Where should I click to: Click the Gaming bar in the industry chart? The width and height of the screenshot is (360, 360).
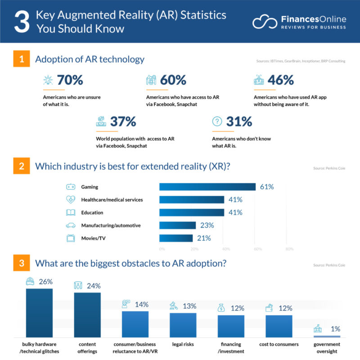tap(207, 187)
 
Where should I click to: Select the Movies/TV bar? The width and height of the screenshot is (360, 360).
tap(176, 238)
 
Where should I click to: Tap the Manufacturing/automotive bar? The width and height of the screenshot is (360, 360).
tap(178, 225)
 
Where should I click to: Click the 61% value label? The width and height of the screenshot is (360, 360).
tap(266, 187)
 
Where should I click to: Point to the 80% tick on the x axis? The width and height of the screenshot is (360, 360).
tap(290, 248)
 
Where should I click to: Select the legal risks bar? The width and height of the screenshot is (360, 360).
tap(183, 324)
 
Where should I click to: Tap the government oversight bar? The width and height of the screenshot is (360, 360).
tap(327, 336)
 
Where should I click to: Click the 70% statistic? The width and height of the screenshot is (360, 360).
tap(70, 80)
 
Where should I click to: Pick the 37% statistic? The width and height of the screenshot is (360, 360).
tap(123, 121)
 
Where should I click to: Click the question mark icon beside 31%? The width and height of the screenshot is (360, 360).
tap(217, 121)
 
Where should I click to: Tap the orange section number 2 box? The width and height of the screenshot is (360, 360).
tap(21, 166)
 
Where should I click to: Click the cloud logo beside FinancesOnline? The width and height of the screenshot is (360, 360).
tap(265, 22)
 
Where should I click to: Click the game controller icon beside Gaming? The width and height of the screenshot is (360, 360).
tap(71, 187)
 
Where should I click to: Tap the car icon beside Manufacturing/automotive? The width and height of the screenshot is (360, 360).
tap(71, 225)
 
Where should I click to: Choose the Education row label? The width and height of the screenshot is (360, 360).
tap(93, 212)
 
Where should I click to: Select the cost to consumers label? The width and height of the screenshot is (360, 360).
tap(279, 344)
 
